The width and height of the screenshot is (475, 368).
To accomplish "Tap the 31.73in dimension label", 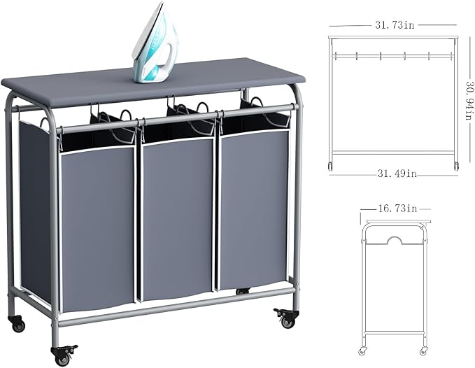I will coord(394,25).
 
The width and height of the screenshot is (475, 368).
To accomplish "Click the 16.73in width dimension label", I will coord(396,208).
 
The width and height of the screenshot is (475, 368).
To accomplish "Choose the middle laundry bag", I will coord(178,217).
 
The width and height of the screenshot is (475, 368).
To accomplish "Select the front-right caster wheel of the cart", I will coord(287,319).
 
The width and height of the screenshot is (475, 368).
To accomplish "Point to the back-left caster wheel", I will coord(17,324).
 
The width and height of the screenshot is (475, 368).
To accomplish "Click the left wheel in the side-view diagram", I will coord(363,350).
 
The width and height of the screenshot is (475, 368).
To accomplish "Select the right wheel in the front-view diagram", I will coord(456,166).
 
